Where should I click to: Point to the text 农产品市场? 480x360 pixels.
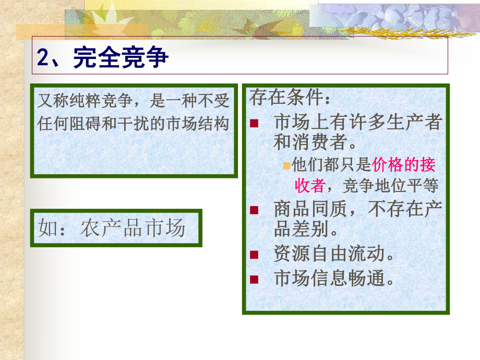pyautogui.click(x=133, y=228)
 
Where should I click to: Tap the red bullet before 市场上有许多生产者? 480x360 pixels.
pyautogui.click(x=254, y=123)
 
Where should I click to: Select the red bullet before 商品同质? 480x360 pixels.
pyautogui.click(x=254, y=210)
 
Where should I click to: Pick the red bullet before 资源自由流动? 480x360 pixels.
pyautogui.click(x=254, y=254)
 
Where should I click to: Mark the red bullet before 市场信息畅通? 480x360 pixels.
pyautogui.click(x=254, y=279)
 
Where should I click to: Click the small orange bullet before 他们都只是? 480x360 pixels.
pyautogui.click(x=286, y=165)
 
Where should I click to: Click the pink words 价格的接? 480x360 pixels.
pyautogui.click(x=404, y=165)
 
